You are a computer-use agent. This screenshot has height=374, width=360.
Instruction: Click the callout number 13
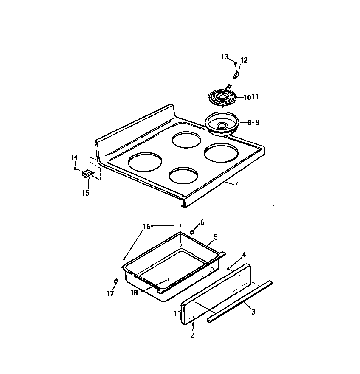(225, 57)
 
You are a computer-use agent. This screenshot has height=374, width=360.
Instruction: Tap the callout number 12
(244, 60)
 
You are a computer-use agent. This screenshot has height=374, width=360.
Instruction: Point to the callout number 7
(236, 184)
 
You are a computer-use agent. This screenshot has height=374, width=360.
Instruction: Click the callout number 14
(74, 157)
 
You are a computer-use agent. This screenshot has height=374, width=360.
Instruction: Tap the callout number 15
(85, 193)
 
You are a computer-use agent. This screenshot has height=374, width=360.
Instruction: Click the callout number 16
(146, 227)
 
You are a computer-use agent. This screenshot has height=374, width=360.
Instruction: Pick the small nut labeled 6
(192, 232)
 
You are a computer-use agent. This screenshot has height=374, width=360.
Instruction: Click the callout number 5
(215, 237)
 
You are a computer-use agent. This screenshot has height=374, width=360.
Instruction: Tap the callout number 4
(244, 255)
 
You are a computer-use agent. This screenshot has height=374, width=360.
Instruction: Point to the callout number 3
(253, 312)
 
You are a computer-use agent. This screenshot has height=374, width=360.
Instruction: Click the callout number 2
(192, 335)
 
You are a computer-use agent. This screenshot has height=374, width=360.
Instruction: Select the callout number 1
(174, 314)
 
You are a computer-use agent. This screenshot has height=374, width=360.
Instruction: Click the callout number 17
(110, 294)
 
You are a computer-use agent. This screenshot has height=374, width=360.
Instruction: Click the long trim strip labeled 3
(240, 301)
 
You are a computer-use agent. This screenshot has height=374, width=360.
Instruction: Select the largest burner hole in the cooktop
(145, 163)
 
